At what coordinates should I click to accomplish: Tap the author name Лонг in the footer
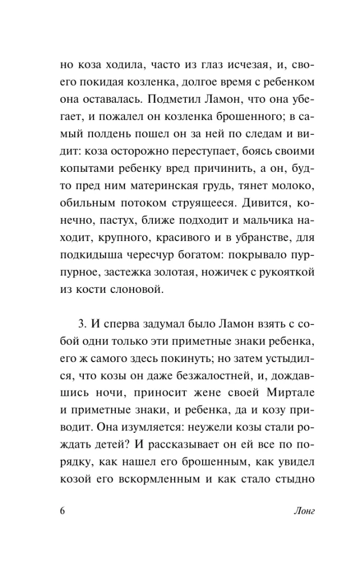click(302, 510)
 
